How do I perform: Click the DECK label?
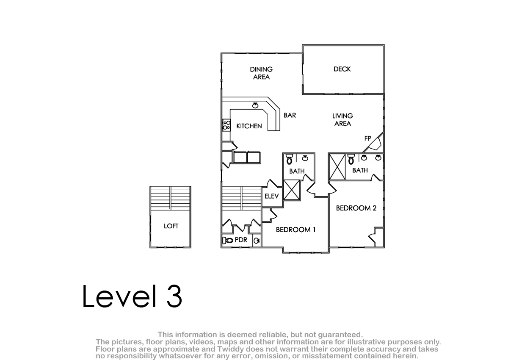click(x=342, y=69)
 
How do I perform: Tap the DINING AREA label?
click(x=261, y=73)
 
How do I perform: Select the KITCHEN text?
click(x=249, y=126)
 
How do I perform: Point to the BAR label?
click(x=290, y=115)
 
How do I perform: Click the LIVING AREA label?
click(x=342, y=119)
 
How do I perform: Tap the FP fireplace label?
click(x=367, y=138)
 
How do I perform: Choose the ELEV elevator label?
click(x=271, y=196)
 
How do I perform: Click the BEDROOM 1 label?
click(x=296, y=230)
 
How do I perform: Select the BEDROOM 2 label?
click(x=356, y=208)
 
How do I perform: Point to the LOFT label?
click(x=171, y=226)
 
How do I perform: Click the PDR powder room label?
click(x=241, y=240)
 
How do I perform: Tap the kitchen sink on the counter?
click(x=255, y=105)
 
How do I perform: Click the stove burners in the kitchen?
click(x=226, y=125)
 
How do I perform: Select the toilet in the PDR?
click(x=228, y=240)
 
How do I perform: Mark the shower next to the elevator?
click(x=292, y=190)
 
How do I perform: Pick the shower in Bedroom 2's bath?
click(x=337, y=167)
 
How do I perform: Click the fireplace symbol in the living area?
click(x=375, y=144)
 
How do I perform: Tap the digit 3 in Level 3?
click(x=174, y=296)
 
